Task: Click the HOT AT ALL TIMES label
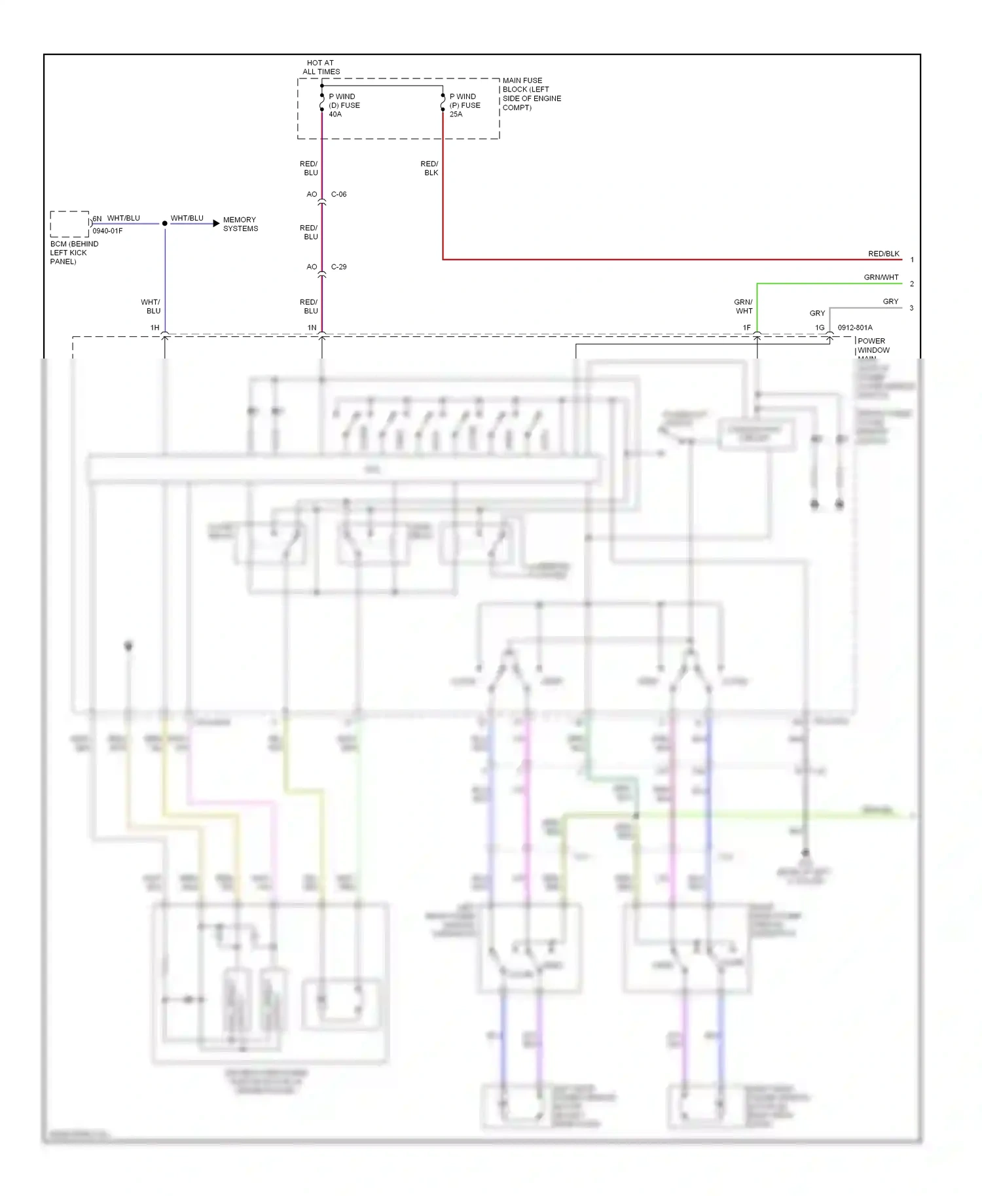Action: coord(321,67)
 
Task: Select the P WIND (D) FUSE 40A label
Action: coord(344,105)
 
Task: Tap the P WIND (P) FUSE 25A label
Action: coord(465,105)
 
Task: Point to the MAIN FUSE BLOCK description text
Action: coord(532,94)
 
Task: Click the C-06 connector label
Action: coord(338,194)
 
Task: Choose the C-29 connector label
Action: coord(338,267)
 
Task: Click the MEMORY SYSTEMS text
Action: coord(240,224)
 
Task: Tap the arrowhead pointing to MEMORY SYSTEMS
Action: coord(215,224)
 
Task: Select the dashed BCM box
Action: coord(69,224)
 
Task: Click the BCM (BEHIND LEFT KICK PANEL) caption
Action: coord(73,253)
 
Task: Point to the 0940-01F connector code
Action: coord(107,231)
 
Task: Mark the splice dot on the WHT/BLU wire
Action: coord(165,224)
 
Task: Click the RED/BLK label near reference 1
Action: coord(883,254)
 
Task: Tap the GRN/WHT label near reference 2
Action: coord(881,277)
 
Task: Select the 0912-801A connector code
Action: coord(854,328)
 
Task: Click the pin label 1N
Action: coord(312,328)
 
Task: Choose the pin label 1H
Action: coord(155,328)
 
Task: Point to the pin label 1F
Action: coord(746,328)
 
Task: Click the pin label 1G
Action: coord(819,328)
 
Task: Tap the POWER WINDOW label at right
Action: coord(872,345)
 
